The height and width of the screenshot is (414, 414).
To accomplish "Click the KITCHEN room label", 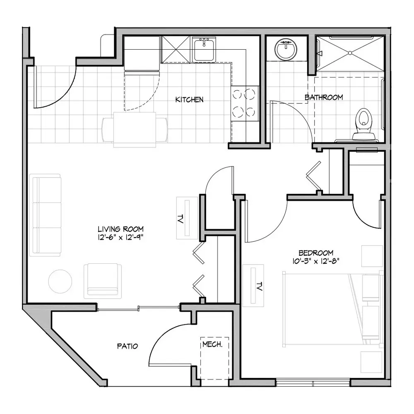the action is pos(189,99).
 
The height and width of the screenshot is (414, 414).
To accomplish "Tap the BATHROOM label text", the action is pos(324,97).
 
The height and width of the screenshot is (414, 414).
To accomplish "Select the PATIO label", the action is pos(128,346).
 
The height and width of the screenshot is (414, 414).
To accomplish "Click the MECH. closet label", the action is pos(212,344).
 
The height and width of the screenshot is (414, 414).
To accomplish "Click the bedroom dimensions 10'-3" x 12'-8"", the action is pos(316,261).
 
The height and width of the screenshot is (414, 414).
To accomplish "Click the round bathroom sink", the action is pos(286,49).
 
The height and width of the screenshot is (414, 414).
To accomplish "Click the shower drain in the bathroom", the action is pos(350,53).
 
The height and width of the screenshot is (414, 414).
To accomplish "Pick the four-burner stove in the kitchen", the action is pos(245,103).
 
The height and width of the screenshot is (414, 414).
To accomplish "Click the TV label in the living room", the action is pos(181,219).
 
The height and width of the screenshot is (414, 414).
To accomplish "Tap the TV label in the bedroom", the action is pos(259,286).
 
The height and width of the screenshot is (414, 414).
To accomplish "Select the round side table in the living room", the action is pos(60,281).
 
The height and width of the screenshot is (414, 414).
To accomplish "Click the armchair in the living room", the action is pos(103,281).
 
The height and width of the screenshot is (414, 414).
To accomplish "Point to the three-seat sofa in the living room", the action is pos(45,215).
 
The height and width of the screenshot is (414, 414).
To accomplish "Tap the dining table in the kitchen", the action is pos(135,130).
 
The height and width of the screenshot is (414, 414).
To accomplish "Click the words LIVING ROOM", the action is pos(120,229).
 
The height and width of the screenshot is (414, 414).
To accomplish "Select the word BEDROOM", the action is pos(316,253).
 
